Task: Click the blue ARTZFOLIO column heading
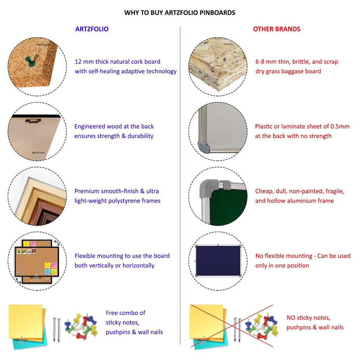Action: point(92,29)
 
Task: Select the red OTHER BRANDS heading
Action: point(277,29)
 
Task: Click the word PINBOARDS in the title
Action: point(217,13)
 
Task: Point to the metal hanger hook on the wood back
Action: point(33,121)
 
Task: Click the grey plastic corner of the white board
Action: point(204,147)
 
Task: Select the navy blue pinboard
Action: point(218,261)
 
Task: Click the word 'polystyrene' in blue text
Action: point(124,201)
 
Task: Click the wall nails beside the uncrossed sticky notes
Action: point(57,330)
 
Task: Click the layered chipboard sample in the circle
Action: point(218,66)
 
